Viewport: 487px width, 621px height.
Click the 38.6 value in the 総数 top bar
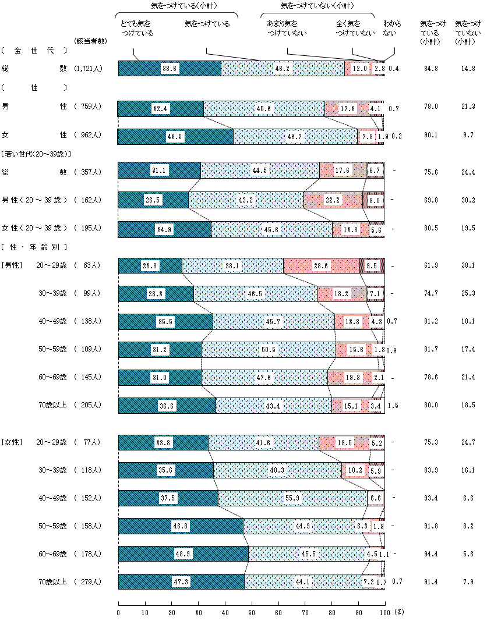[x=170, y=68]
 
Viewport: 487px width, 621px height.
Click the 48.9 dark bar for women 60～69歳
[x=183, y=554]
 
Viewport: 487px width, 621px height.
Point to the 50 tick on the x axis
[x=252, y=612]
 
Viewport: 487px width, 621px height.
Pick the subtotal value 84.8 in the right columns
[x=432, y=69]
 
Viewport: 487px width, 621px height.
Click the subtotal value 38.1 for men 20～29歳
[x=468, y=265]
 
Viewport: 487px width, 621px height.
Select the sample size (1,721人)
[x=89, y=69]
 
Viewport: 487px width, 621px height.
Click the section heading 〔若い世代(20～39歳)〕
[x=36, y=154]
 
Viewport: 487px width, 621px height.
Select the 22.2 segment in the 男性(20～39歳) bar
[x=333, y=200]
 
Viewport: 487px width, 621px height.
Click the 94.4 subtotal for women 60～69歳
[x=432, y=554]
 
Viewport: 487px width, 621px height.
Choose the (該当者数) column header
[x=89, y=41]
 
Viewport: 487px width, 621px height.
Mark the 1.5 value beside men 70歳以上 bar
[x=393, y=405]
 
